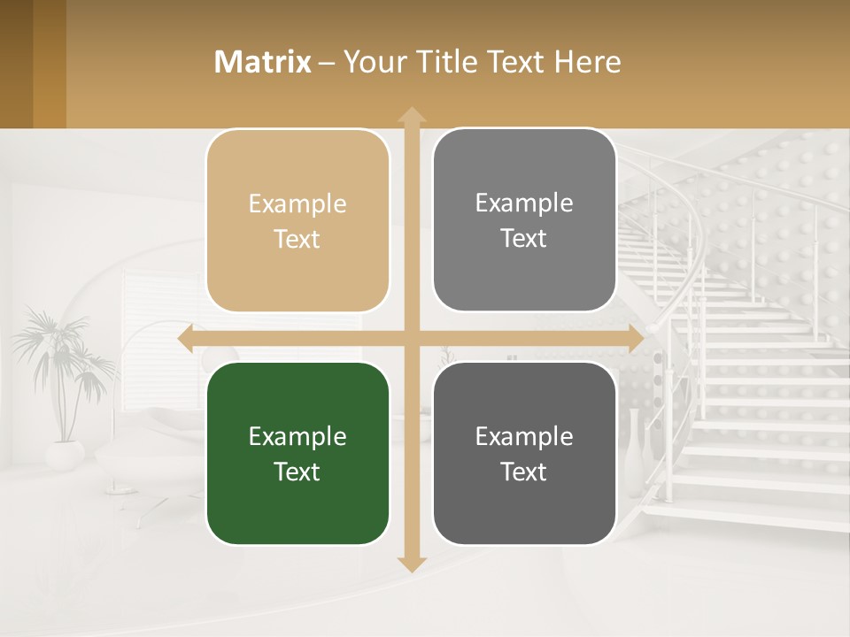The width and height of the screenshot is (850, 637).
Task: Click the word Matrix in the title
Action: pyautogui.click(x=263, y=62)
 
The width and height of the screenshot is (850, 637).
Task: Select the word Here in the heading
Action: pyautogui.click(x=587, y=62)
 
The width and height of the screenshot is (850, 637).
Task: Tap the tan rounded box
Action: pyautogui.click(x=297, y=221)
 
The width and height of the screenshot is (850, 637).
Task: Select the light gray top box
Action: pyautogui.click(x=524, y=220)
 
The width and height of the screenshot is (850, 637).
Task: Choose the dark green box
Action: pyautogui.click(x=297, y=454)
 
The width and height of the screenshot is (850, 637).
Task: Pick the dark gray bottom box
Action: pyautogui.click(x=524, y=454)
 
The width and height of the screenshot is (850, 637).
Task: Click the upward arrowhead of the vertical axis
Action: pyautogui.click(x=412, y=114)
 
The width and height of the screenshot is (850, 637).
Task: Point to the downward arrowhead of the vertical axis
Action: pyautogui.click(x=412, y=564)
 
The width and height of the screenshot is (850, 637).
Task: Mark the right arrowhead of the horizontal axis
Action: pyautogui.click(x=636, y=339)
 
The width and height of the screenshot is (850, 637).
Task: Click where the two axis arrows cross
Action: pyautogui.click(x=412, y=339)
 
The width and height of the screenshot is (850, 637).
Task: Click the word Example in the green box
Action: pyautogui.click(x=297, y=436)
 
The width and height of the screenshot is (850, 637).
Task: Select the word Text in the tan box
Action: pyautogui.click(x=297, y=240)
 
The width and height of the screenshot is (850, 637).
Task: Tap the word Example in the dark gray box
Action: pyautogui.click(x=524, y=436)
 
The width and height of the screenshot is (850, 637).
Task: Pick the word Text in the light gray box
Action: pyautogui.click(x=524, y=239)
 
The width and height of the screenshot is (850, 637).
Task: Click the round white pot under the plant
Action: pyautogui.click(x=65, y=455)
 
